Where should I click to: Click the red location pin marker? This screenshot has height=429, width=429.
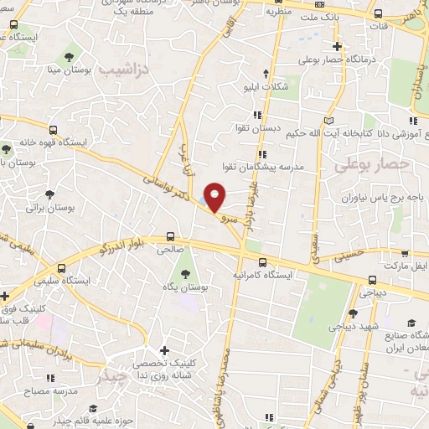(215, 197)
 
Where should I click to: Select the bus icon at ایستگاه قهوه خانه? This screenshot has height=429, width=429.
(54, 130)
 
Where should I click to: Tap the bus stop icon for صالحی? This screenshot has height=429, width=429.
(171, 236)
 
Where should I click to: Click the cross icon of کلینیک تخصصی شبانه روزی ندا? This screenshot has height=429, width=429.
(164, 350)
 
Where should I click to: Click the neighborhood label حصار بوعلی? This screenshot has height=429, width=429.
(366, 166)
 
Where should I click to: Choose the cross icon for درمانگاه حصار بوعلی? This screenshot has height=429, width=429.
(337, 47)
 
